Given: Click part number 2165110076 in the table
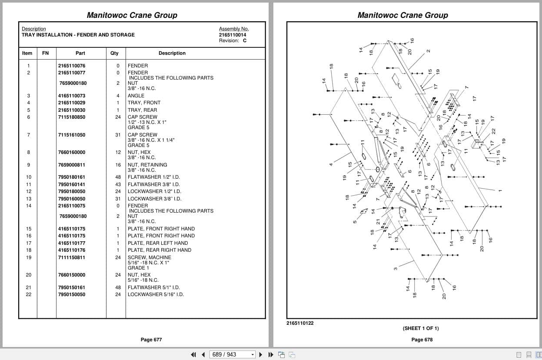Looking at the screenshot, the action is click(72, 66).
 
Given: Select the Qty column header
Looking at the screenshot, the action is click(114, 53).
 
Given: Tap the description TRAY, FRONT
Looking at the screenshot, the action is click(144, 103).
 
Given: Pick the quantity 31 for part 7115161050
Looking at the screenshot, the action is click(118, 135).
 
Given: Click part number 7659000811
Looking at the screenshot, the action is click(72, 165).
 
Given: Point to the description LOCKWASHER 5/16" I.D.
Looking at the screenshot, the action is click(156, 295).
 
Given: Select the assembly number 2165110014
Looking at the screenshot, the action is click(233, 35).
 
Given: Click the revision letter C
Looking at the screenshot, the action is click(245, 41).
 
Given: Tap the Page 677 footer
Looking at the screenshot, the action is click(151, 340).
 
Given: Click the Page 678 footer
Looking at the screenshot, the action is click(422, 340).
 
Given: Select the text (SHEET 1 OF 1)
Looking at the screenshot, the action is click(421, 328).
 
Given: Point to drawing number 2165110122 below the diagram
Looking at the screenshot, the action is click(300, 323).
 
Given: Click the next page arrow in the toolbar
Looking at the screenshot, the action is click(261, 355).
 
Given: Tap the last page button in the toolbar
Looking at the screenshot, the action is click(271, 355).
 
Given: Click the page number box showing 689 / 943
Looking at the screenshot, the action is click(232, 355).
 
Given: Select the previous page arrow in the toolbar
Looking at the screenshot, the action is click(203, 355).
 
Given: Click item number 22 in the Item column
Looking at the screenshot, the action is click(29, 295).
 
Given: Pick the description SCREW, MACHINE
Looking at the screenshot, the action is click(149, 257).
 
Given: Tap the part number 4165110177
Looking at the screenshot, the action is click(72, 243).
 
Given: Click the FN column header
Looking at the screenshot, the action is click(46, 53).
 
